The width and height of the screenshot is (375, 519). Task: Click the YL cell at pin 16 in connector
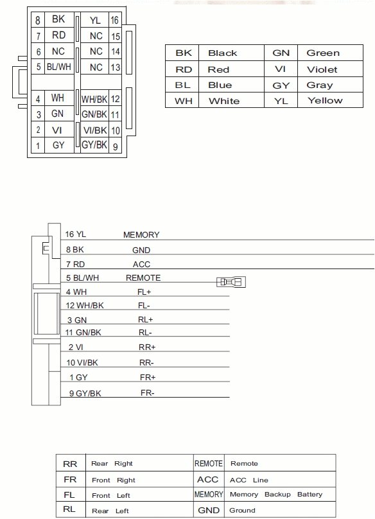click(96, 21)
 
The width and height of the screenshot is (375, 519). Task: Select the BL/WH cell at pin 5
click(58, 67)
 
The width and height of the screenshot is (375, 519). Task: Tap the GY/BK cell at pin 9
click(94, 145)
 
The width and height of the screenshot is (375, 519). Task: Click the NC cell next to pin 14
click(96, 51)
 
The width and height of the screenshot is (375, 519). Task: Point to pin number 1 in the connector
click(38, 146)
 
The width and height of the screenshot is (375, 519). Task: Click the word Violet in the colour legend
click(322, 69)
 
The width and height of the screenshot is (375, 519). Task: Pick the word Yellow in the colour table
click(325, 101)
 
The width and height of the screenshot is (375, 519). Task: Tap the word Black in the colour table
click(222, 53)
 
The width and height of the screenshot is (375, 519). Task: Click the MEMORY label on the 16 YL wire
click(141, 235)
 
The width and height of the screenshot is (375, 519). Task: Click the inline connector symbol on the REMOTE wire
click(232, 282)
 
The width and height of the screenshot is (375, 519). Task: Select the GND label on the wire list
click(141, 250)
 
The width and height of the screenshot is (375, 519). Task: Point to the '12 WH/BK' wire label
click(85, 305)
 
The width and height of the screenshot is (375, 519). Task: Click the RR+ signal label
click(148, 347)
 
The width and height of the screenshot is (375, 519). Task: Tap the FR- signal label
click(147, 392)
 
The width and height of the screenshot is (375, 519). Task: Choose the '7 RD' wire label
click(75, 264)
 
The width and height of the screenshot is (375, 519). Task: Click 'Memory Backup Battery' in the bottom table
click(275, 495)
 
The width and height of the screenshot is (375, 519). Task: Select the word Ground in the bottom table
click(243, 511)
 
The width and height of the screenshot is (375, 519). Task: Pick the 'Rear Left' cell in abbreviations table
click(110, 511)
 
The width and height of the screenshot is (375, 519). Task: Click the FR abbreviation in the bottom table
click(70, 480)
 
